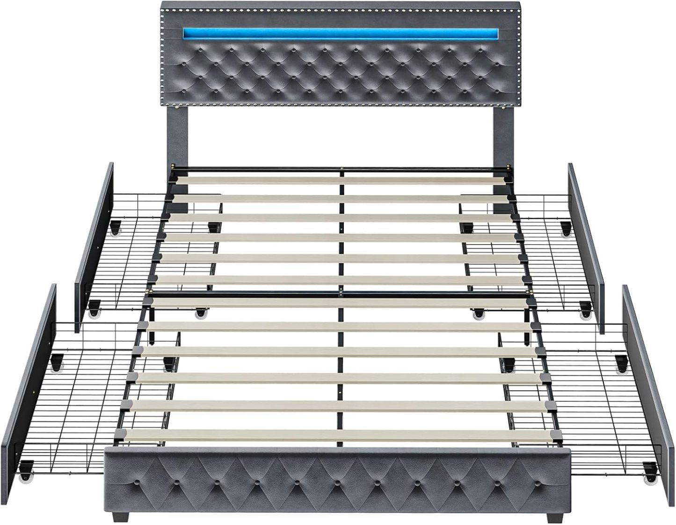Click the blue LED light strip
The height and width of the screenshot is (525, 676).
tap(340, 34)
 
